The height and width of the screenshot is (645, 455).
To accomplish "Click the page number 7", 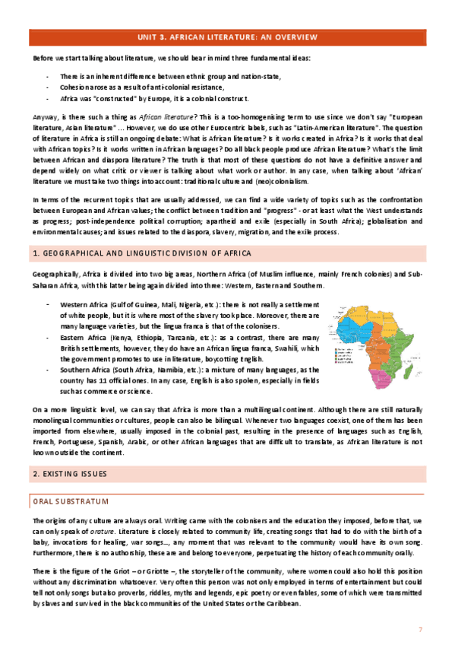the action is point(420,631).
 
